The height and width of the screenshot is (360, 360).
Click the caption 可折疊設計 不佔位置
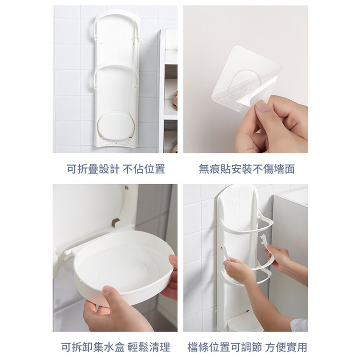[x=116, y=169]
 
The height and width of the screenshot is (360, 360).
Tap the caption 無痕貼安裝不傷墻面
[x=247, y=169]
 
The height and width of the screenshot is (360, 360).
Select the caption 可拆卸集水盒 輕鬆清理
[x=116, y=347]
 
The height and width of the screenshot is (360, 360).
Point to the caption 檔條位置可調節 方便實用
[x=247, y=347]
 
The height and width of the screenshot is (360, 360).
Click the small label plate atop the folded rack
[x=117, y=26]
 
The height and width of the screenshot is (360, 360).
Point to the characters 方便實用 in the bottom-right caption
[x=286, y=347]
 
